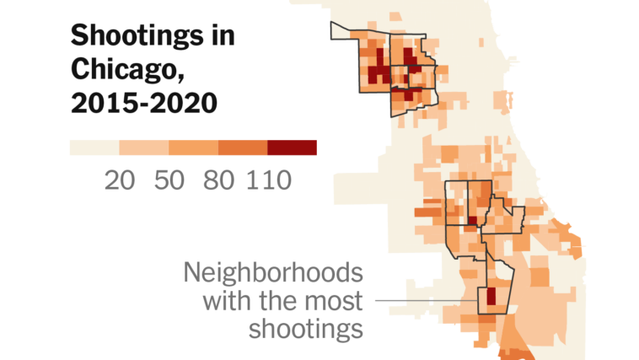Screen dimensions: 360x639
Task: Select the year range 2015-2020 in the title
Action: point(143,103)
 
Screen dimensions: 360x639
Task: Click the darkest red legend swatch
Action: point(292,148)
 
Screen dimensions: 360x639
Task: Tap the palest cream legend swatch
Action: point(94,148)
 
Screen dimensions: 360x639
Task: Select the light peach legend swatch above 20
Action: point(144,148)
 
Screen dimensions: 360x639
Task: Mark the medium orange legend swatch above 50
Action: point(193,148)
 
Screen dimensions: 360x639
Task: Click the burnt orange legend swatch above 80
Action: point(243,148)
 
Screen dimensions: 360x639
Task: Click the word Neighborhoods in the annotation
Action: point(274,273)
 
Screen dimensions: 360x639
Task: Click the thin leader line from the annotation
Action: point(422,301)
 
